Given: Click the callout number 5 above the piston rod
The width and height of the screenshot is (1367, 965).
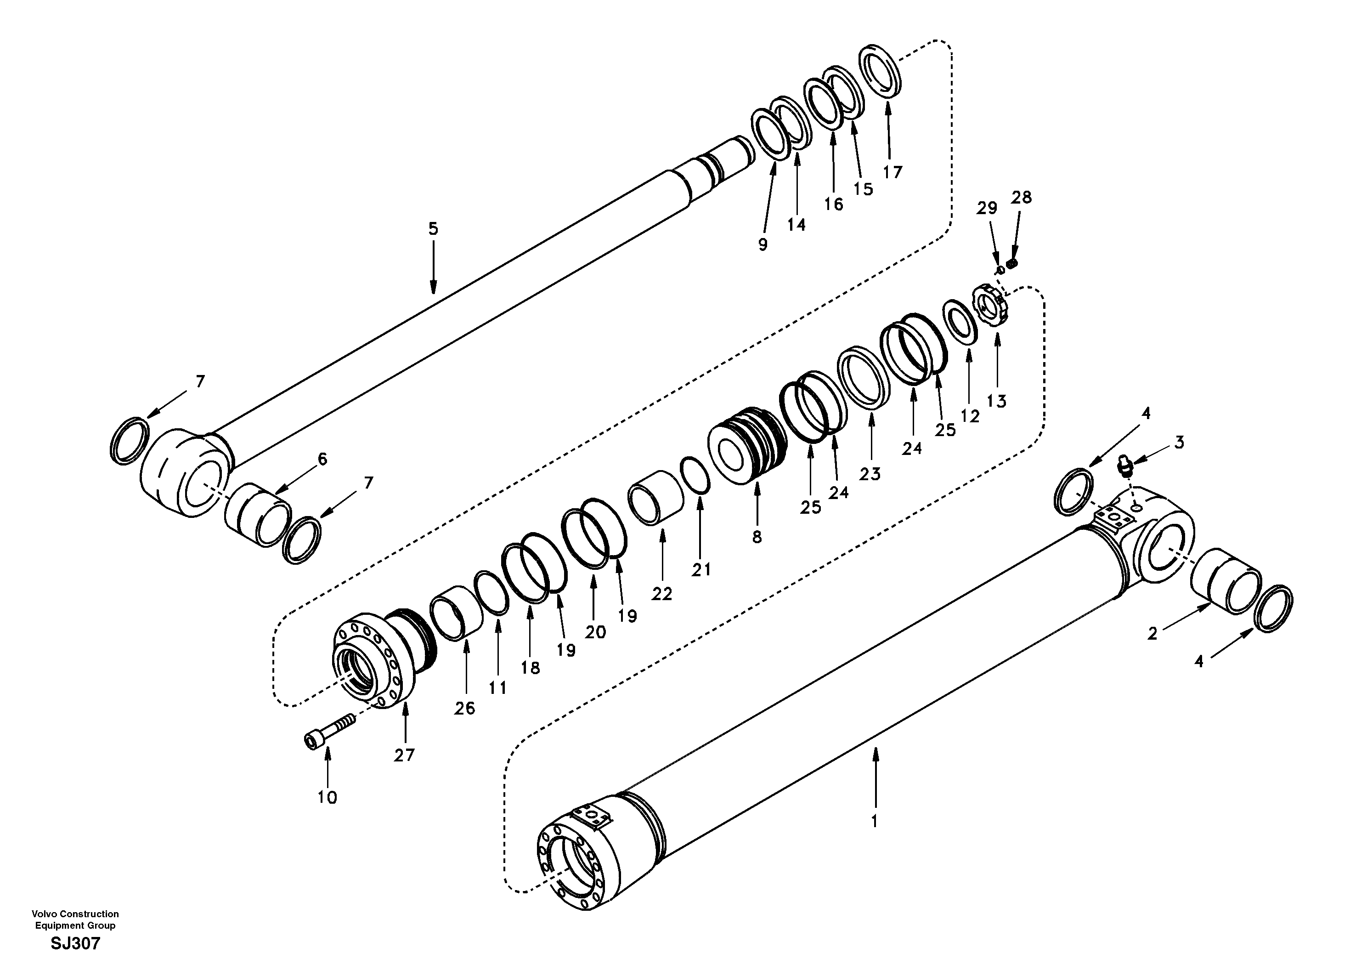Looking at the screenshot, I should [433, 229].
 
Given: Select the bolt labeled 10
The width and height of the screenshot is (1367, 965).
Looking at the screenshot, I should [328, 732].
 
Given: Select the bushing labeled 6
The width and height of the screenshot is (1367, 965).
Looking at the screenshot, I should [258, 514].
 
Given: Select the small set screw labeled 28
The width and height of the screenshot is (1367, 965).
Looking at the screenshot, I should [1011, 263].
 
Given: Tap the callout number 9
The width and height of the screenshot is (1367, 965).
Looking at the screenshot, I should [763, 244].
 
